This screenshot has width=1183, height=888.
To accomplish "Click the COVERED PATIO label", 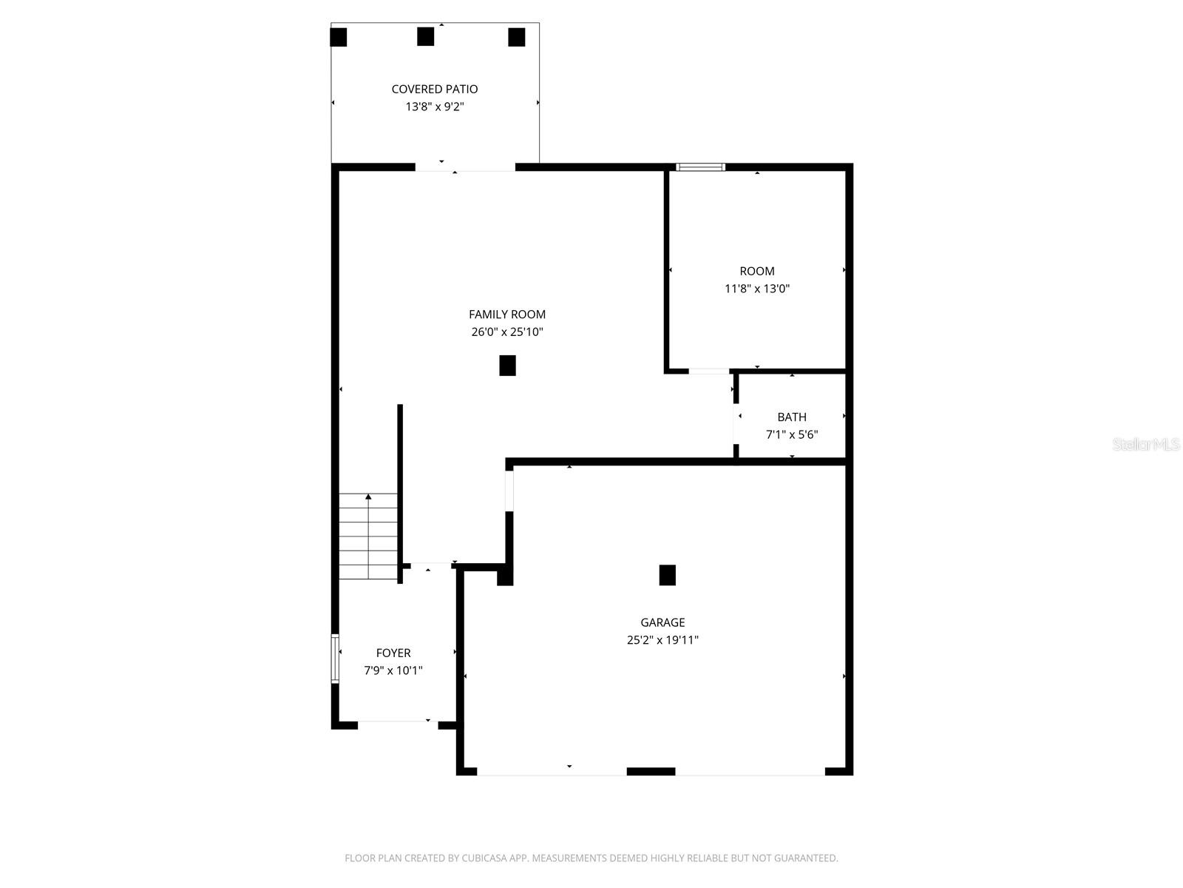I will pyautogui.click(x=435, y=89).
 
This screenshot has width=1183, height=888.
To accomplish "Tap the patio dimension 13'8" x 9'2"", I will pyautogui.click(x=435, y=107).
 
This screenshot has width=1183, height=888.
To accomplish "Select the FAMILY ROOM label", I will pyautogui.click(x=507, y=314).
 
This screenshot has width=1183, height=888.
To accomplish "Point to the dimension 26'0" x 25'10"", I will pyautogui.click(x=507, y=332).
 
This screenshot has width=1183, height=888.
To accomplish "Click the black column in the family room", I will pyautogui.click(x=507, y=366).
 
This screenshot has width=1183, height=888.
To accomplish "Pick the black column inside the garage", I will pyautogui.click(x=667, y=575).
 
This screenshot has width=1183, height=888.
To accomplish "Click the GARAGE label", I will pyautogui.click(x=662, y=622).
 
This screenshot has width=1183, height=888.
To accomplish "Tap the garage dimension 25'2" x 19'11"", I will pyautogui.click(x=662, y=640).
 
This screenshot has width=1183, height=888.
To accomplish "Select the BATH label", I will pyautogui.click(x=792, y=417).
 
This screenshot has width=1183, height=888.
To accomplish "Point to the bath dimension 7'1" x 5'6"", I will pyautogui.click(x=792, y=435).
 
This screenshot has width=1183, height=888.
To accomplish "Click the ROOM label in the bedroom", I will pyautogui.click(x=757, y=272).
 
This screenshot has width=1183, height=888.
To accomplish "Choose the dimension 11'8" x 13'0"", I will pyautogui.click(x=757, y=289).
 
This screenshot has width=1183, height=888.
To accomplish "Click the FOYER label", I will pyautogui.click(x=393, y=653).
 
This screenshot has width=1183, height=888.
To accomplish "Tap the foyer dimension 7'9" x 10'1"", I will pyautogui.click(x=393, y=671).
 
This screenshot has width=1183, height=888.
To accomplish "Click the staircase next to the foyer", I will pyautogui.click(x=368, y=536).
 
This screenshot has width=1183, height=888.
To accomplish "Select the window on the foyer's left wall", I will pyautogui.click(x=335, y=658).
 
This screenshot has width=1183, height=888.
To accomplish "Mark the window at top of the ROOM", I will pyautogui.click(x=701, y=167).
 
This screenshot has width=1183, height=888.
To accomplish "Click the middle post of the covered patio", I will pyautogui.click(x=425, y=36).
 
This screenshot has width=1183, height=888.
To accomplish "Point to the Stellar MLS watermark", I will pyautogui.click(x=1146, y=445).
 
